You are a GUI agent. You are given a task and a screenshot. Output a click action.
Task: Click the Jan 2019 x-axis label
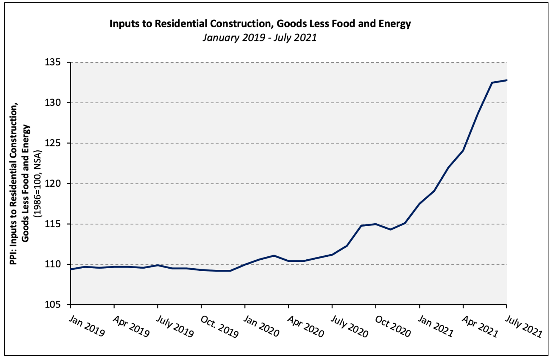tap(87, 326)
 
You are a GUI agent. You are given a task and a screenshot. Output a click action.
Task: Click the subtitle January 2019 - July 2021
tap(259, 37)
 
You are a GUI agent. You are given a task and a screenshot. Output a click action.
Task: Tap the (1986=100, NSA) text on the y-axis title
tap(38, 184)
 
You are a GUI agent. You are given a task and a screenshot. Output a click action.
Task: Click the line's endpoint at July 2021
tap(506, 80)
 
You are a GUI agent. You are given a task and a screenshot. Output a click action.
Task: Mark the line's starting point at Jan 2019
tap(71, 269)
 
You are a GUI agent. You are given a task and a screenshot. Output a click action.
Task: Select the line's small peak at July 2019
tap(158, 265)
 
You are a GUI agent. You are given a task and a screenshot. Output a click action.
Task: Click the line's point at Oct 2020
tap(376, 224)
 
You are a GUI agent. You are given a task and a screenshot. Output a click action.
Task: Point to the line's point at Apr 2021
tap(463, 150)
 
